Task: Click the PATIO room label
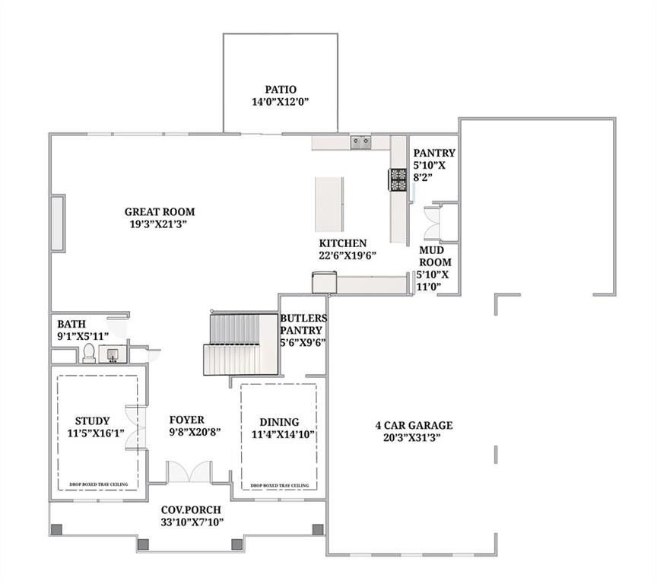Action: pyautogui.click(x=281, y=89)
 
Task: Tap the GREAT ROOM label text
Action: pyautogui.click(x=160, y=212)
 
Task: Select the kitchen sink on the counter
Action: pyautogui.click(x=360, y=141)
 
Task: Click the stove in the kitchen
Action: pyautogui.click(x=398, y=179)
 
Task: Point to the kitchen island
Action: pyautogui.click(x=329, y=205)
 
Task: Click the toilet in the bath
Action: pyautogui.click(x=88, y=354)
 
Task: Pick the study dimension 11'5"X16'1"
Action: pyautogui.click(x=96, y=433)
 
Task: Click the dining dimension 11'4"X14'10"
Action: pyautogui.click(x=279, y=434)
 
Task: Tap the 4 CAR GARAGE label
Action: pyautogui.click(x=413, y=425)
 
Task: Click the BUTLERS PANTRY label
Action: pyautogui.click(x=303, y=324)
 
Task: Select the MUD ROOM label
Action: pyautogui.click(x=435, y=256)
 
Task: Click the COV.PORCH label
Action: pyautogui.click(x=191, y=509)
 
